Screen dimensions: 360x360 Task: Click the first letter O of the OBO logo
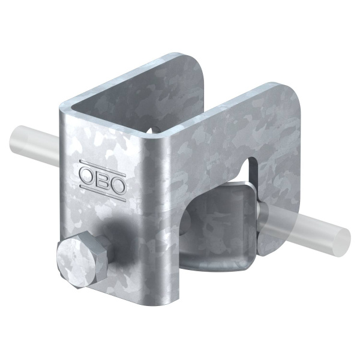pyautogui.click(x=86, y=175)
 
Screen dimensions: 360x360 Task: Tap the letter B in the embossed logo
pyautogui.click(x=100, y=181)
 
